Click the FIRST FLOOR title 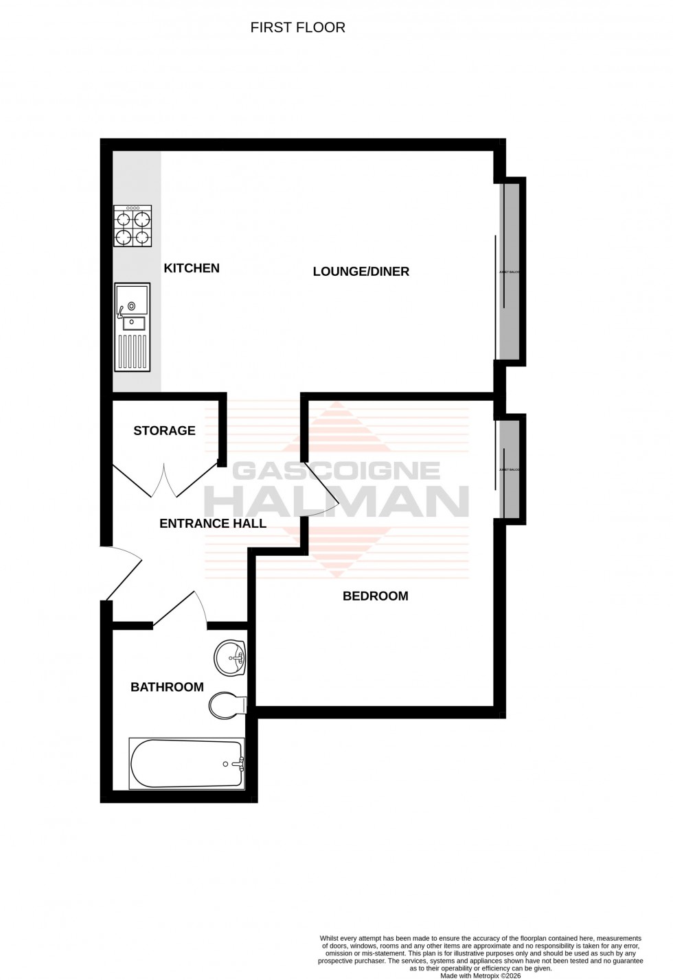coord(297,27)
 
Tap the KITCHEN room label coord(192,268)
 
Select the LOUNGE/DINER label coord(361,272)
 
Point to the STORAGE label coord(164,431)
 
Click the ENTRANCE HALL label coord(213,524)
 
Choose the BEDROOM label coord(375,596)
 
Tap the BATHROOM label coord(167,687)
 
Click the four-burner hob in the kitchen coord(133,226)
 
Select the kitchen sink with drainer coord(132,327)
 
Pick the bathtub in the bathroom coord(187,763)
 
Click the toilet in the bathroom coord(227,705)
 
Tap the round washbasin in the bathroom coord(230,659)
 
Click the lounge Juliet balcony coord(509,272)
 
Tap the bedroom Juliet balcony coord(509,469)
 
